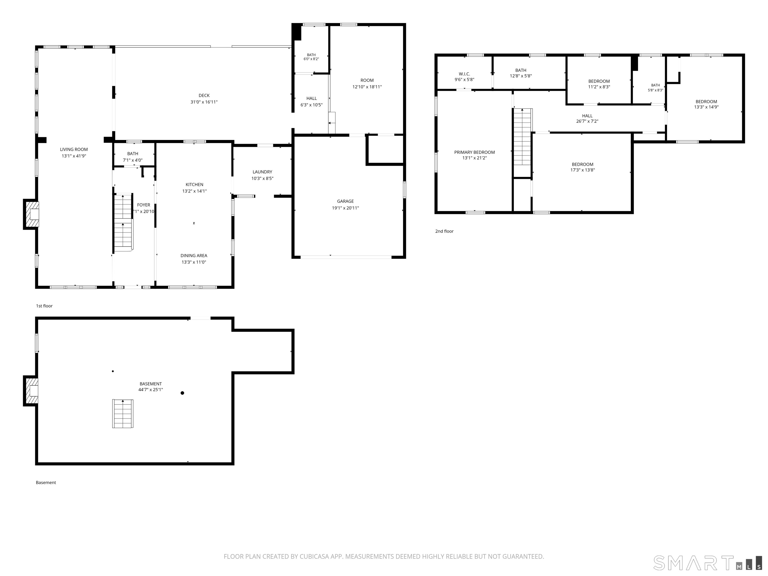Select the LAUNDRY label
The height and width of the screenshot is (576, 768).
coord(262,172)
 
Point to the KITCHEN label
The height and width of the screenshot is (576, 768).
coord(194,185)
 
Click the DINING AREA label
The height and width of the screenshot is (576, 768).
coord(194,255)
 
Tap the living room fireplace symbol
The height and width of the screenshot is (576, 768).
coord(31,214)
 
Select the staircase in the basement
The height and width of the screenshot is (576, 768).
coord(122,413)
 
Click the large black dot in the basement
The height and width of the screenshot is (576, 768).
coord(182,393)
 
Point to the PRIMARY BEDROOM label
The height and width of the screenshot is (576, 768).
coord(474,152)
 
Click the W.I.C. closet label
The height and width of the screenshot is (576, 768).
coord(464,74)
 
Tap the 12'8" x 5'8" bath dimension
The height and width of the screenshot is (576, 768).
coord(520,76)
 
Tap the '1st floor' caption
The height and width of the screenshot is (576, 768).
coord(44,306)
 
